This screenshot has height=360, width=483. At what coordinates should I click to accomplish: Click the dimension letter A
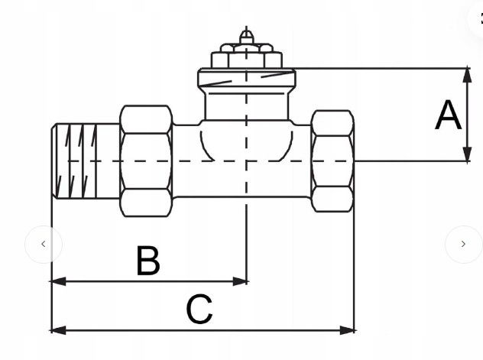pos(448,115)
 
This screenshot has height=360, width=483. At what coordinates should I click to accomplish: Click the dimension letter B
pos(148,260)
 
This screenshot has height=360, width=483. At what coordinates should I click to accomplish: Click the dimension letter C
pos(199,309)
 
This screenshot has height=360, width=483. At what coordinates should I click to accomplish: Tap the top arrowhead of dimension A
pos(467,75)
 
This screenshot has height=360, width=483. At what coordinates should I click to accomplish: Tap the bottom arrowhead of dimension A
pos(467,154)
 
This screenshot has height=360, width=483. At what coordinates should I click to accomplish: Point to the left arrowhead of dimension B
pos(58,281)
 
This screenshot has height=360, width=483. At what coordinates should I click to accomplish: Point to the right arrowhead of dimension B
pos(240,281)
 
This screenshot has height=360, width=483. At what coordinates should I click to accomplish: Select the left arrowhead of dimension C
pos(58,330)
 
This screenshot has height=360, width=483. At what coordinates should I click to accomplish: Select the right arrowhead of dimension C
pos(347,330)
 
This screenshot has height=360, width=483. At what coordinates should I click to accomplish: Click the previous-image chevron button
pos(44,245)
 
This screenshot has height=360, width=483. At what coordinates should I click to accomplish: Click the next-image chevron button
pos(463,245)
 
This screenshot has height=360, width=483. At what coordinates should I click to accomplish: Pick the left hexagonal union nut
pos(146,161)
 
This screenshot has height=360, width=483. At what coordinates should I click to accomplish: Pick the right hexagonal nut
pos(332,161)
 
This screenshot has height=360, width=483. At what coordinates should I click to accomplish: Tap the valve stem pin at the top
pos(246,37)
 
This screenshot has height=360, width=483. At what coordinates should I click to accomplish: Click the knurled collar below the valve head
pos(246,78)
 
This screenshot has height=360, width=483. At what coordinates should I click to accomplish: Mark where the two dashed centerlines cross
pos(246,161)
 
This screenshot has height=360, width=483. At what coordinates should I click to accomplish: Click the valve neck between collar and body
pos(246,104)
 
